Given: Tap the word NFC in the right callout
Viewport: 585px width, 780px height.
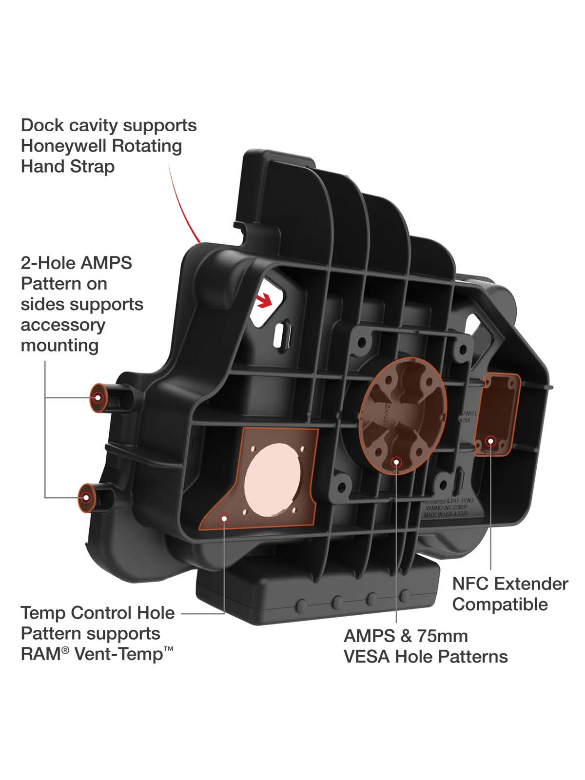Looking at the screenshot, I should (471, 584).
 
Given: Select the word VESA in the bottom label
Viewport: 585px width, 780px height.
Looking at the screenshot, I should (367, 657).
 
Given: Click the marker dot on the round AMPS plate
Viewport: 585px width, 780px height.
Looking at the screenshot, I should (396, 461).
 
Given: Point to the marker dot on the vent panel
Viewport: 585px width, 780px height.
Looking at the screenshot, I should (225, 518).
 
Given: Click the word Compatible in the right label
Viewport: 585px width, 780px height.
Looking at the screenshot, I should (500, 604).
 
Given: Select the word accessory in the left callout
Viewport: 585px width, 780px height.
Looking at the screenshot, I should (63, 325).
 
